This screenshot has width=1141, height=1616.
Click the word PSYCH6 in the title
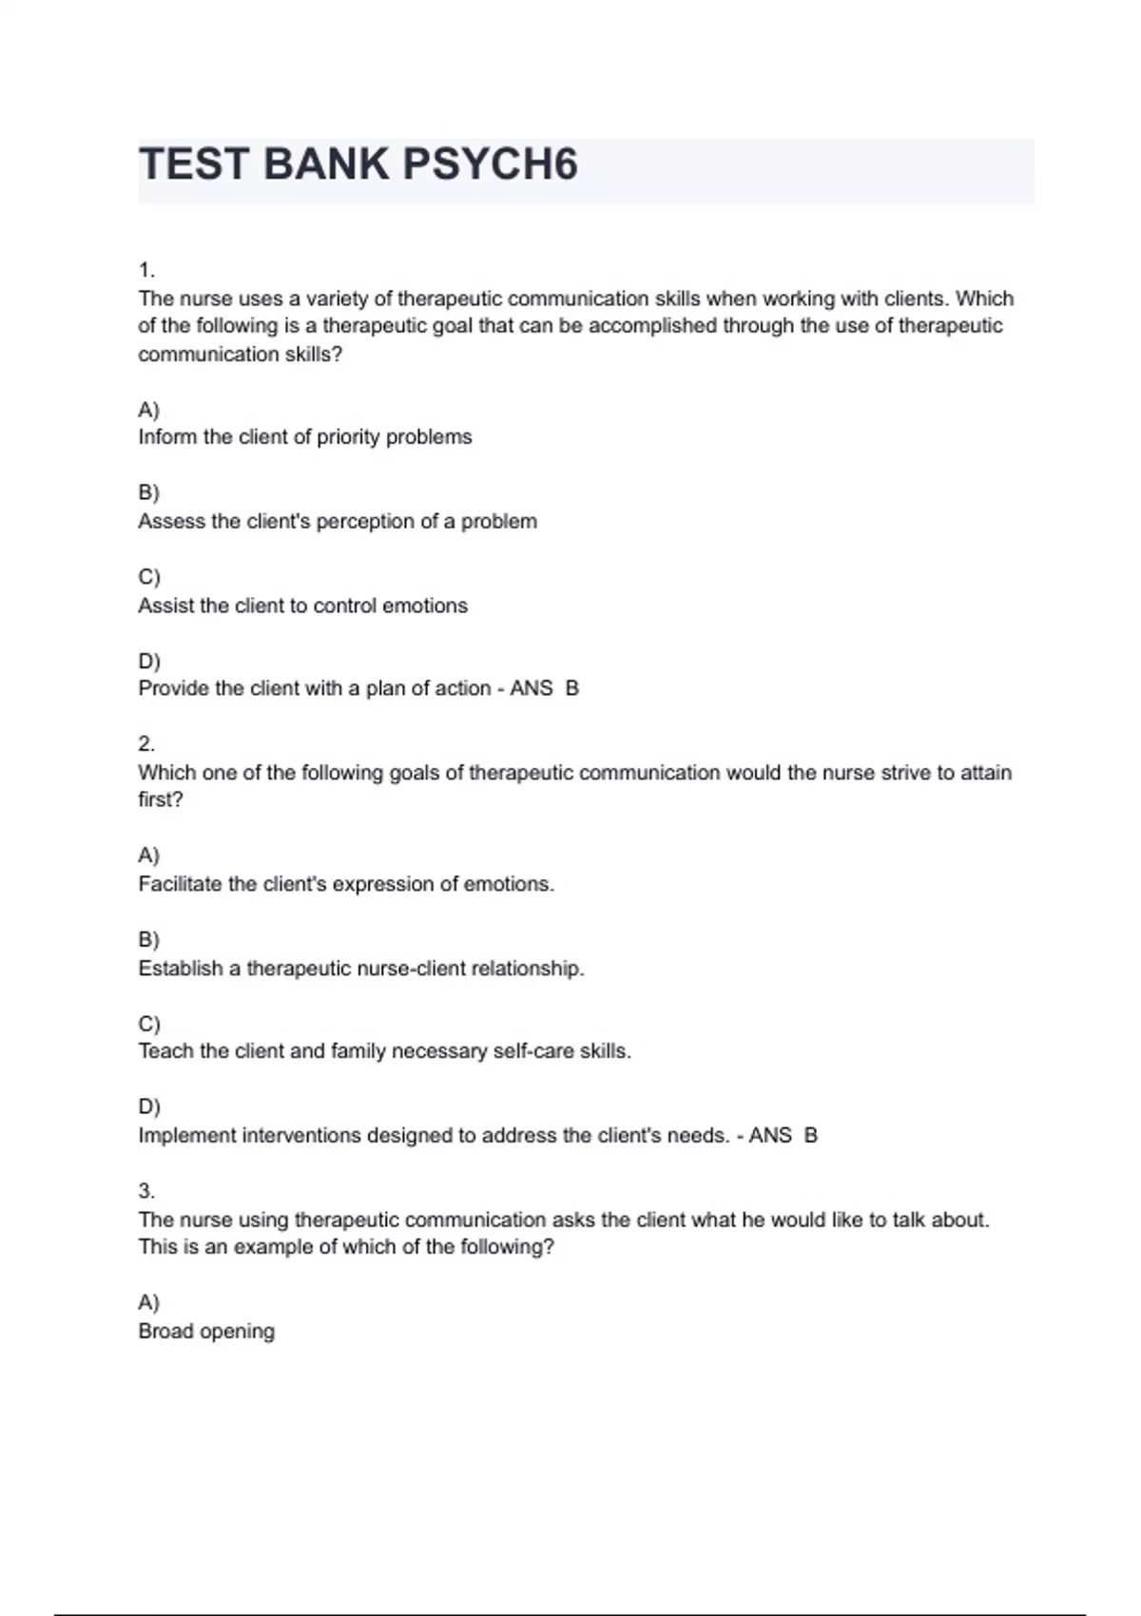pos(490,164)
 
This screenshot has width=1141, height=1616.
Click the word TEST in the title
pos(193,164)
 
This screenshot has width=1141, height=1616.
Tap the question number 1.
pos(145,271)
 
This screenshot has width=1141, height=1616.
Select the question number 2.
pos(146,744)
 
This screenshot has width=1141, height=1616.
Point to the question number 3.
pos(146,1191)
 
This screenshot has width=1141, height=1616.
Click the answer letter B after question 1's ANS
pos(572,688)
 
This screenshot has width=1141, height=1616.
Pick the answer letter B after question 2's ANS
pos(811,1135)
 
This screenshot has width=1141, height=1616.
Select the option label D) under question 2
pos(149,1106)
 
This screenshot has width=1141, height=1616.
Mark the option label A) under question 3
pos(148,1302)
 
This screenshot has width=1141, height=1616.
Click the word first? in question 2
pos(160,799)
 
